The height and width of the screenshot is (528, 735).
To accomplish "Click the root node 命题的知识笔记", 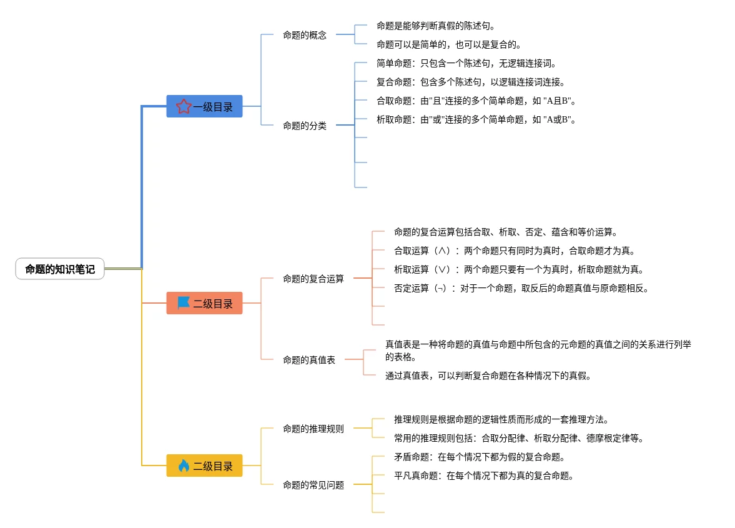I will pos(60,269).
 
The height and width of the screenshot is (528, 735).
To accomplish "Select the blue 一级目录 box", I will pos(204,107).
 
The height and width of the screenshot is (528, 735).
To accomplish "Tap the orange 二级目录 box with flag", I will pos(204,304).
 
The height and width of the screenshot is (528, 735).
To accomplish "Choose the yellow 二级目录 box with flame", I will pos(204,466).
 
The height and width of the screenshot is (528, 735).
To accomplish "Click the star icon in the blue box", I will pos(183,107).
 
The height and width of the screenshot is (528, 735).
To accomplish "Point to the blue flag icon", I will pos(184,303).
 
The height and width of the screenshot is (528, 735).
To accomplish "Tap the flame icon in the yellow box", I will pos(184,466).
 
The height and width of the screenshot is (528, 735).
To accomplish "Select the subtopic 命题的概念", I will pos(305,35).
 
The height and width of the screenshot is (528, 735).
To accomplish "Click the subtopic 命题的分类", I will pos(305,126).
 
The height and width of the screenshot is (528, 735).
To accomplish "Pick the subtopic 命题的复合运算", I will pos(313,279).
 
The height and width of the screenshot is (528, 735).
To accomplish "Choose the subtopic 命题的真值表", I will pos(309,360).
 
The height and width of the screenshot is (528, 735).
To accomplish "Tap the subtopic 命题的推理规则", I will pos(313,429).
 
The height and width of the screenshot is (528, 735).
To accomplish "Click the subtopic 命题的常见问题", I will pos(313,485).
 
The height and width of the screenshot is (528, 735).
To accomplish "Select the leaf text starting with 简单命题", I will pos(466,63).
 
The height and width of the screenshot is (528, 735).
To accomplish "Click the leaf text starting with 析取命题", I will pos(475,119).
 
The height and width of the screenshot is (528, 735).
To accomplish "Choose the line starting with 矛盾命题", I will pos(480,457).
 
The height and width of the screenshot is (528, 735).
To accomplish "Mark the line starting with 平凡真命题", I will pos(484,476).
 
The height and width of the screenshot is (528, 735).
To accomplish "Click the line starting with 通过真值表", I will pos(488,376).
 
